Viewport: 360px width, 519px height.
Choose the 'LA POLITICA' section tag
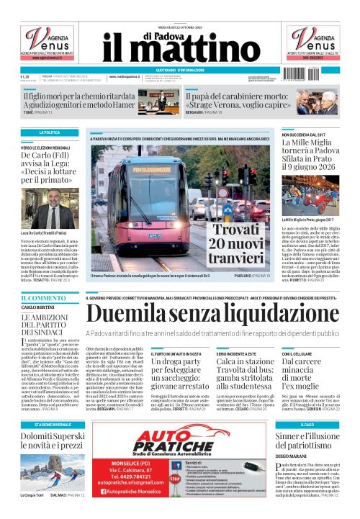49,133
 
